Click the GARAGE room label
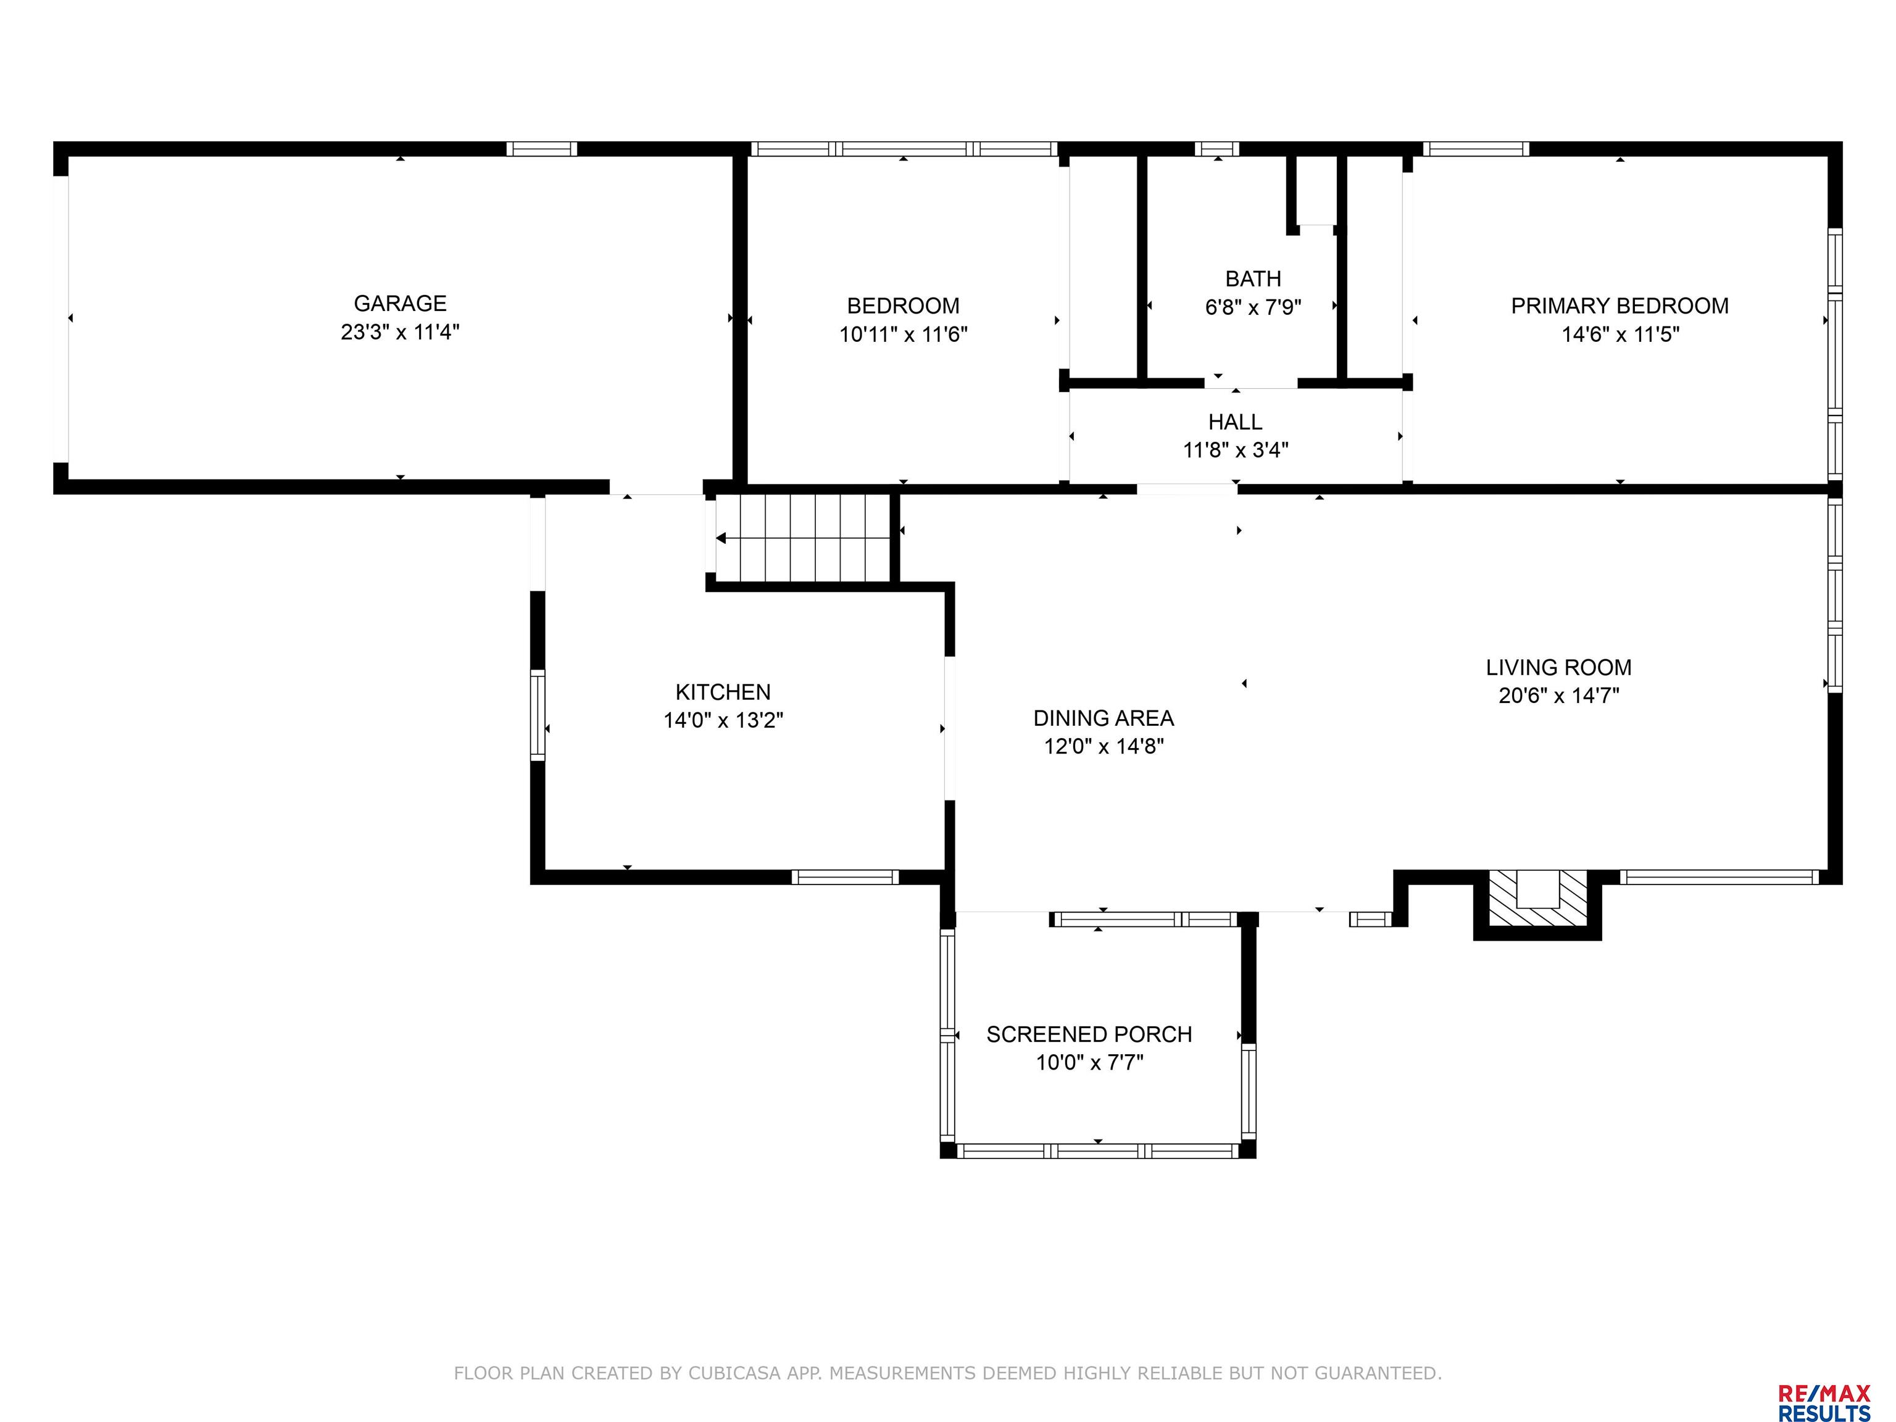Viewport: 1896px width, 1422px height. pyautogui.click(x=401, y=304)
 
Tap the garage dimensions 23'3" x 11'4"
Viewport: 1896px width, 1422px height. pyautogui.click(x=401, y=331)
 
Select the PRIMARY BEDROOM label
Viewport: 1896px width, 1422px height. pyautogui.click(x=1619, y=306)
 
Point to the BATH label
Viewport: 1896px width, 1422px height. pyautogui.click(x=1253, y=278)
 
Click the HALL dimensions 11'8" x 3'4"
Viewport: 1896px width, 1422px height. pyautogui.click(x=1235, y=450)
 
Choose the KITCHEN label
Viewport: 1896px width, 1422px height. pyautogui.click(x=723, y=692)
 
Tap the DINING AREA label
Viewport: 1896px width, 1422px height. pyautogui.click(x=1103, y=718)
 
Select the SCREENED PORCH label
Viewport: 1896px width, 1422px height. pyautogui.click(x=1089, y=1034)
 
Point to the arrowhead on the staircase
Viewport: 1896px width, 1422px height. pyautogui.click(x=721, y=538)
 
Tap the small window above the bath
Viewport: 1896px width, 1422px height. pyautogui.click(x=1217, y=149)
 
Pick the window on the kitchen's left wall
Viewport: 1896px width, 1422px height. pyautogui.click(x=538, y=715)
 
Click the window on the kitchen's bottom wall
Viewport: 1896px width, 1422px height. pyautogui.click(x=844, y=877)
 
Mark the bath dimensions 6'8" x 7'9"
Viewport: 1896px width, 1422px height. pyautogui.click(x=1253, y=307)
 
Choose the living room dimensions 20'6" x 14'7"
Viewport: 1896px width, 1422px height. pyautogui.click(x=1558, y=695)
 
